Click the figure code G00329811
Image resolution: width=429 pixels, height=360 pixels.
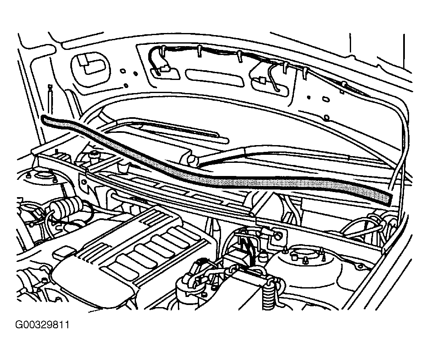42,325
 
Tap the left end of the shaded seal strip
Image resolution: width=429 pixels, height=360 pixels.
43,119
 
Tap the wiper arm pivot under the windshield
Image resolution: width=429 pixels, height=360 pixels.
193,159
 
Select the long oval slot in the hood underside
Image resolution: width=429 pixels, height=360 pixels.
214,77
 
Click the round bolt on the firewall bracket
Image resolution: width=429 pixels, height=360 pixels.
278,236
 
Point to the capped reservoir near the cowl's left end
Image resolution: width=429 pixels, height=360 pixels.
95,154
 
